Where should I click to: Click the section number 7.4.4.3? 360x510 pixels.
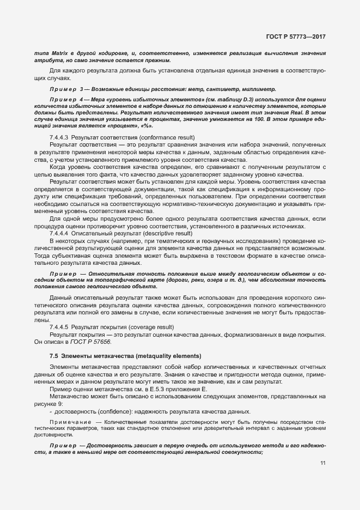coord(59,137)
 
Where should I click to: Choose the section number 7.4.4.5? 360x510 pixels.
coord(59,327)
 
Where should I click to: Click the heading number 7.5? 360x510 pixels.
coord(53,356)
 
